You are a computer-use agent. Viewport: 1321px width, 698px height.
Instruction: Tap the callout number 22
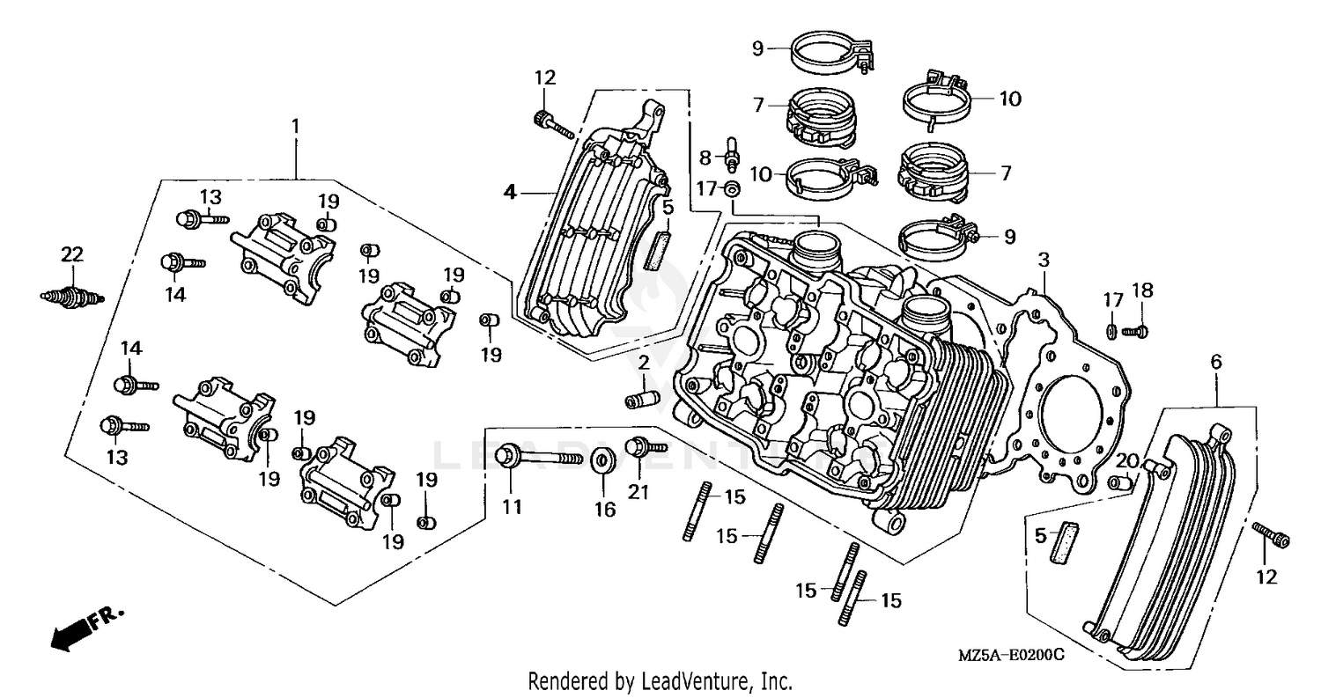point(72,255)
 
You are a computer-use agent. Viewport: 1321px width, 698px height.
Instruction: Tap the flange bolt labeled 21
point(638,447)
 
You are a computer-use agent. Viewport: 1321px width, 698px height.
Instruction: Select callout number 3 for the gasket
point(1044,260)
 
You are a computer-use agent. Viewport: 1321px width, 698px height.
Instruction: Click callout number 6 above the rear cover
point(1216,361)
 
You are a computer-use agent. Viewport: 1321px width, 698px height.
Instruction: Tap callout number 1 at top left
point(296,127)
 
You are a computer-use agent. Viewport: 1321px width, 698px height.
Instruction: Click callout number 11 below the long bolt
point(513,507)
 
